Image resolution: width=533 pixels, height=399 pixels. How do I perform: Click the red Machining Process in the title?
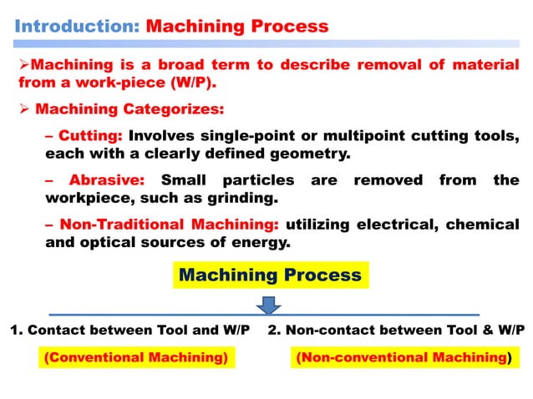click(x=237, y=25)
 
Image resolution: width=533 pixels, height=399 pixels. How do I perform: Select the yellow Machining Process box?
click(x=271, y=275)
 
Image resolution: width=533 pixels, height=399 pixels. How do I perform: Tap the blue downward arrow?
click(x=269, y=306)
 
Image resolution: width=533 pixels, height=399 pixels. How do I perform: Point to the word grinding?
click(x=253, y=199)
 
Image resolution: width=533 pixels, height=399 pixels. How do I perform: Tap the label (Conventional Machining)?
click(x=136, y=357)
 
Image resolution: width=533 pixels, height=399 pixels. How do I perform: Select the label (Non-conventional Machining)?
click(x=402, y=357)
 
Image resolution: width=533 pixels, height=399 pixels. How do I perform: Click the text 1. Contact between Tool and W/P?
click(x=129, y=330)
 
